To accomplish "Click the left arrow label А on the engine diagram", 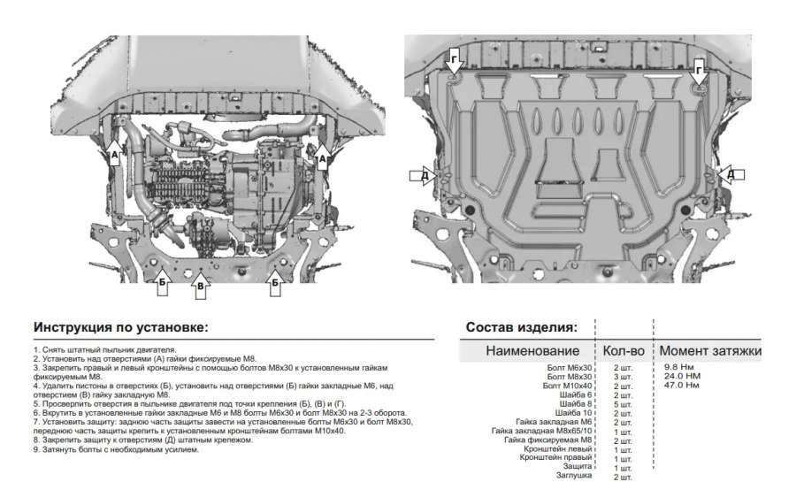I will click(114, 157).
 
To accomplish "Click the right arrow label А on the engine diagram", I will click(322, 157).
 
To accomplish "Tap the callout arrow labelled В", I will click(201, 285).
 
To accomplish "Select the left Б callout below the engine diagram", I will click(162, 283).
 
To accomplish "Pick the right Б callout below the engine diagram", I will click(275, 283).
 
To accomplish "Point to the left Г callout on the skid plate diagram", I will click(454, 59).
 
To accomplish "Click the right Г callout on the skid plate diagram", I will click(700, 68).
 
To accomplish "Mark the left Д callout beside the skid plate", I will click(425, 176).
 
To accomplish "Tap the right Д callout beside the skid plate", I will click(731, 175).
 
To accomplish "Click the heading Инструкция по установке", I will click(120, 327).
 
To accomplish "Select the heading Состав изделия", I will click(521, 327).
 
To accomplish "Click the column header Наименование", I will click(539, 351).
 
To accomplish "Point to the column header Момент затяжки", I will click(710, 351).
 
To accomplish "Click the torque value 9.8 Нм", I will click(678, 366).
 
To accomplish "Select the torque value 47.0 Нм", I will click(681, 385).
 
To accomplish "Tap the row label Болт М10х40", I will click(567, 386).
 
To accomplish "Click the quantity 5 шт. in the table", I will click(623, 404).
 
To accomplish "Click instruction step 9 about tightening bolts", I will click(115, 449).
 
